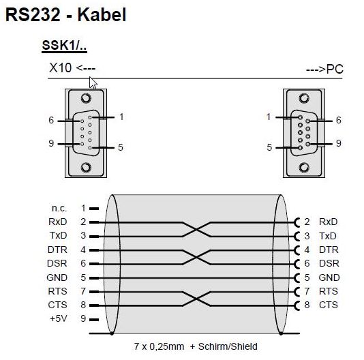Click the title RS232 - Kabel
click(x=65, y=14)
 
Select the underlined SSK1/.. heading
click(x=64, y=45)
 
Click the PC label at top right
click(x=335, y=69)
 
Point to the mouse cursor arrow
click(x=93, y=82)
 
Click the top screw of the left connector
click(x=86, y=98)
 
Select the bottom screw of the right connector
click(x=304, y=167)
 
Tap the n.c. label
click(x=59, y=208)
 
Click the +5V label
click(x=59, y=318)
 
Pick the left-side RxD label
click(x=57, y=222)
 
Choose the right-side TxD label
click(x=328, y=236)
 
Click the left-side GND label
click(x=57, y=277)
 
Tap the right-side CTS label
click(x=329, y=305)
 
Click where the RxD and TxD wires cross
click(x=196, y=230)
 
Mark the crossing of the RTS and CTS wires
click(x=196, y=299)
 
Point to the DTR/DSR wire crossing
click(x=196, y=257)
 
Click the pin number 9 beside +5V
click(x=83, y=318)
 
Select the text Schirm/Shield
click(x=228, y=346)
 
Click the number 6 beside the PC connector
click(x=339, y=120)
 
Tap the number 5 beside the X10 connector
click(x=120, y=147)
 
